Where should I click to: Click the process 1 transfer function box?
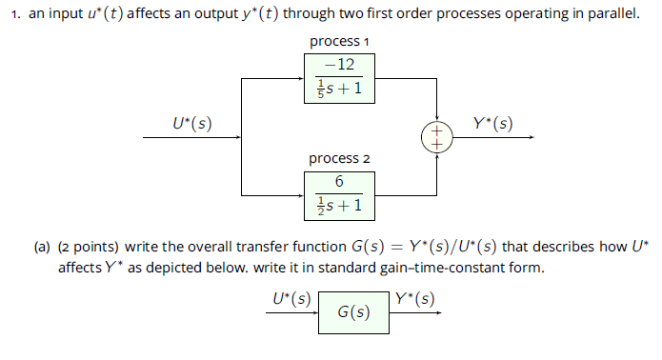click(x=339, y=78)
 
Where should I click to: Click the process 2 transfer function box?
click(x=339, y=194)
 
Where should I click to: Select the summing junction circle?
click(x=437, y=137)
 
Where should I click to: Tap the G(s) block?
click(x=353, y=312)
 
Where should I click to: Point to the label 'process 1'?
click(x=339, y=42)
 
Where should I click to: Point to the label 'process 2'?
click(x=339, y=158)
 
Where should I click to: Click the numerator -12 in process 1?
click(x=339, y=65)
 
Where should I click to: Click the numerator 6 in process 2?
click(x=339, y=181)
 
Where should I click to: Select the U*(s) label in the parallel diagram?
click(x=191, y=123)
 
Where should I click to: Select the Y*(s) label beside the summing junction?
click(x=492, y=123)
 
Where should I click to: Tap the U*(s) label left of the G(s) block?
click(x=291, y=298)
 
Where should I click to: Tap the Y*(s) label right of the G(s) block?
click(x=415, y=298)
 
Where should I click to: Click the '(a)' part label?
click(x=43, y=248)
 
